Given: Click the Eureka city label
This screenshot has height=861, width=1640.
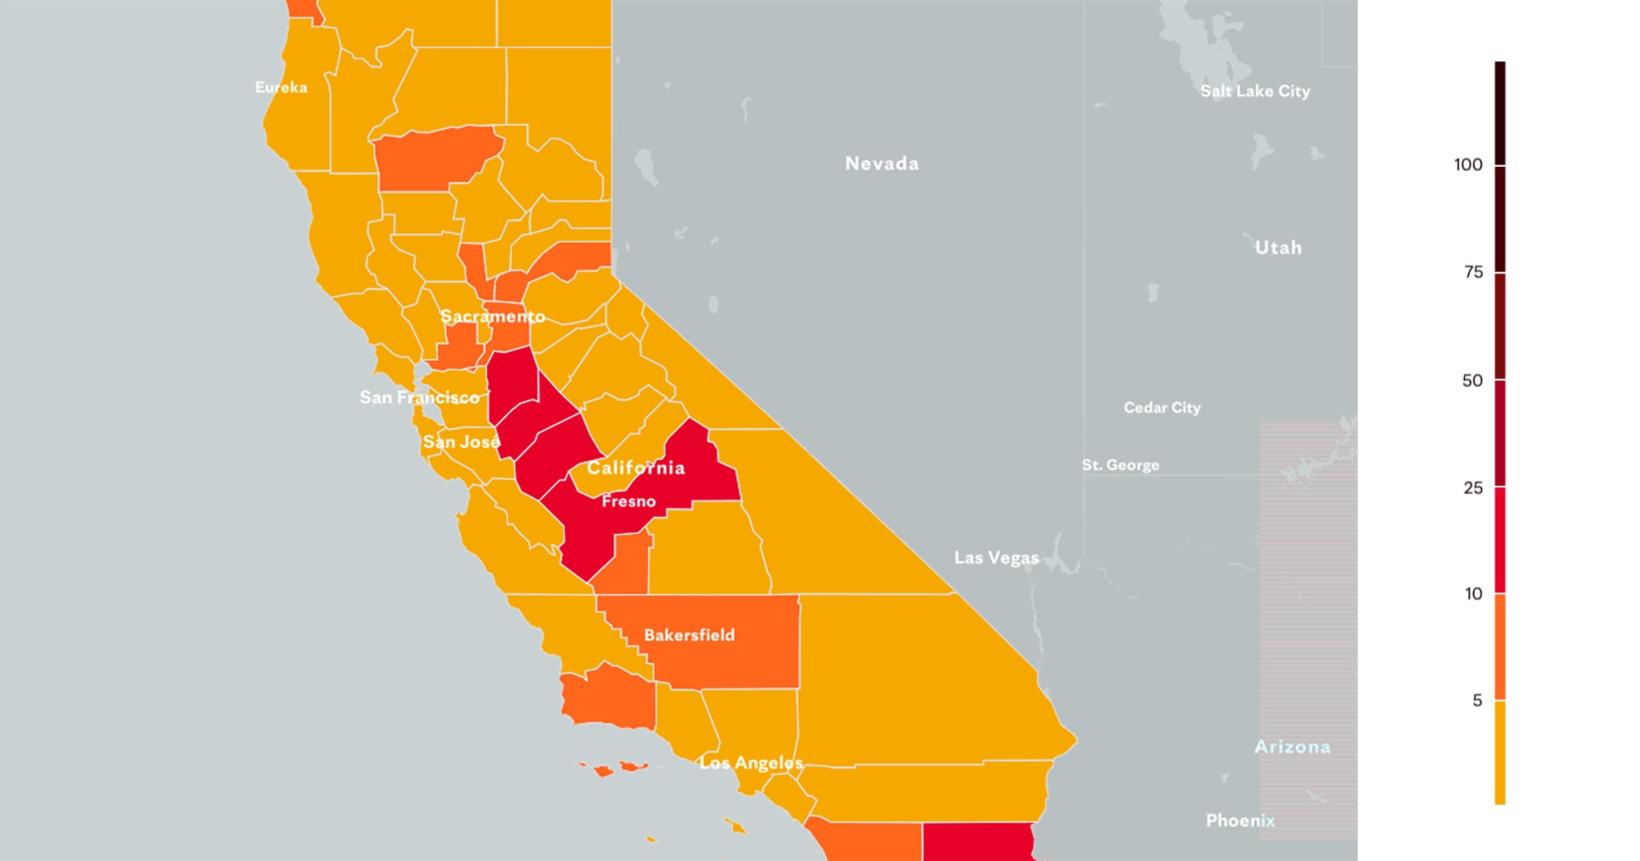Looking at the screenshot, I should pos(281,87).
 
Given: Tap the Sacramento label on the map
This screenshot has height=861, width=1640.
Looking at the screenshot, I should pos(492,316).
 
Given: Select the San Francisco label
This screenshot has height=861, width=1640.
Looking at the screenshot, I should pos(419,397).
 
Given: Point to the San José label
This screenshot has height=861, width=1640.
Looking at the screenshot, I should pos(461,441).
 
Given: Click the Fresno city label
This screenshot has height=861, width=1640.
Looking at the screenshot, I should pos(629,502).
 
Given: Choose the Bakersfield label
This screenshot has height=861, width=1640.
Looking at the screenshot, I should pos(689,635).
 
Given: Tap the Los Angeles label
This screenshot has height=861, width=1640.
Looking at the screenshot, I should pos(751,763).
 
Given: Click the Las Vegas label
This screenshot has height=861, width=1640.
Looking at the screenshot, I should pos(996,558).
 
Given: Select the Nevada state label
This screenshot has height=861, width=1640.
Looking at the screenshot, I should pos(881,163).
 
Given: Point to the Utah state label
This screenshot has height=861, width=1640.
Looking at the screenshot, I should pos(1278,247).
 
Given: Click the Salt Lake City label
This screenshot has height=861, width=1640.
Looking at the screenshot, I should pos(1255,91).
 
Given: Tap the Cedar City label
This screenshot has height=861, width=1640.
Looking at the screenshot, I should pos(1162,407).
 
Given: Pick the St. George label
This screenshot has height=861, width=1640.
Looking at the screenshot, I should pos(1120,465).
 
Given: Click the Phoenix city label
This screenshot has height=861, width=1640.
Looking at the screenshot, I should pos(1240,820).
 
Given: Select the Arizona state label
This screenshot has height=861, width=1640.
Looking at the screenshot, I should pos(1292,747).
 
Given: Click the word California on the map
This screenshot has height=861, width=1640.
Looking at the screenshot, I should pos(635,467).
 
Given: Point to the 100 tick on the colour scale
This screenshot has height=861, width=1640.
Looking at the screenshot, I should pos(1468,165).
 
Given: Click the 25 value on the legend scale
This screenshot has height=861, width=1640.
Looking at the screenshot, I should pos(1473,488).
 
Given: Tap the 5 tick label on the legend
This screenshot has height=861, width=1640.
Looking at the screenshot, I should pos(1477,700).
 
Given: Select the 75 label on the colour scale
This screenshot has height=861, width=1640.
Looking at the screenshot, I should pos(1473,273).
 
